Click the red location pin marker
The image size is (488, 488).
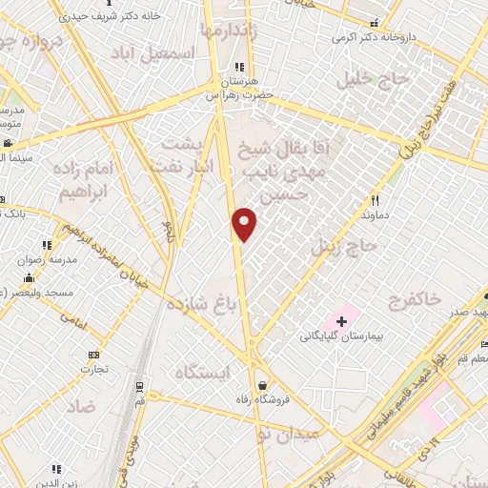(x=245, y=224)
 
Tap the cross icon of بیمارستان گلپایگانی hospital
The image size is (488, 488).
(x=342, y=321)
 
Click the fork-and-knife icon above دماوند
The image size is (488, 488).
(x=376, y=201)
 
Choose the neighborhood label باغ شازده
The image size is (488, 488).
(x=201, y=305)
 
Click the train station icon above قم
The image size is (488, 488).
(x=140, y=387)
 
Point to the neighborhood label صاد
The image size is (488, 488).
(x=81, y=406)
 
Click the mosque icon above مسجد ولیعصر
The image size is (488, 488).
(x=30, y=277)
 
